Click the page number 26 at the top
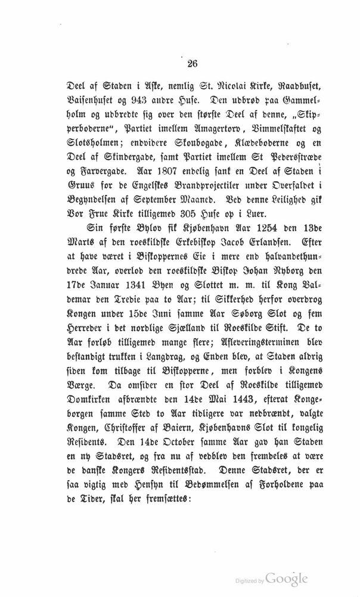[x=179, y=64]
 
